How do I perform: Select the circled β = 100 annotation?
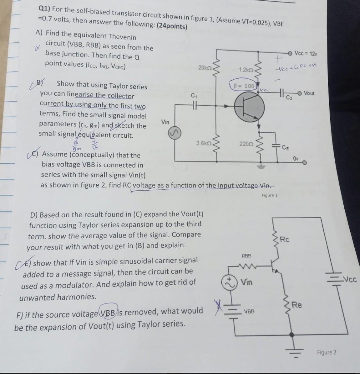(243, 86)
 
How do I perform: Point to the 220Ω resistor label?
(244, 143)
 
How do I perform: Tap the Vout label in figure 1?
(309, 93)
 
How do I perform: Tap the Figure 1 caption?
(269, 196)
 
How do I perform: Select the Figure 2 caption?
(326, 352)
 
